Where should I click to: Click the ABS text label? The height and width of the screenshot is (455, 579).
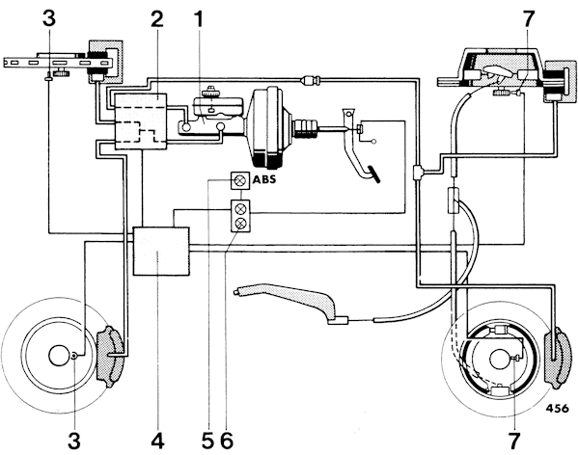point(263,179)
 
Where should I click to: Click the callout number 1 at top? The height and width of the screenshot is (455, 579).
point(199,19)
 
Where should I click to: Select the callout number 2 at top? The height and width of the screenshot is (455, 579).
point(156,19)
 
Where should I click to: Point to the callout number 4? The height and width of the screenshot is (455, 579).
point(157,440)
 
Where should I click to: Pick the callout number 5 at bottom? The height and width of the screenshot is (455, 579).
point(207,440)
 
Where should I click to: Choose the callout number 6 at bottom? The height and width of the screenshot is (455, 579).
point(227,440)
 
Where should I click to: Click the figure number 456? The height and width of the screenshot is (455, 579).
point(557,409)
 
